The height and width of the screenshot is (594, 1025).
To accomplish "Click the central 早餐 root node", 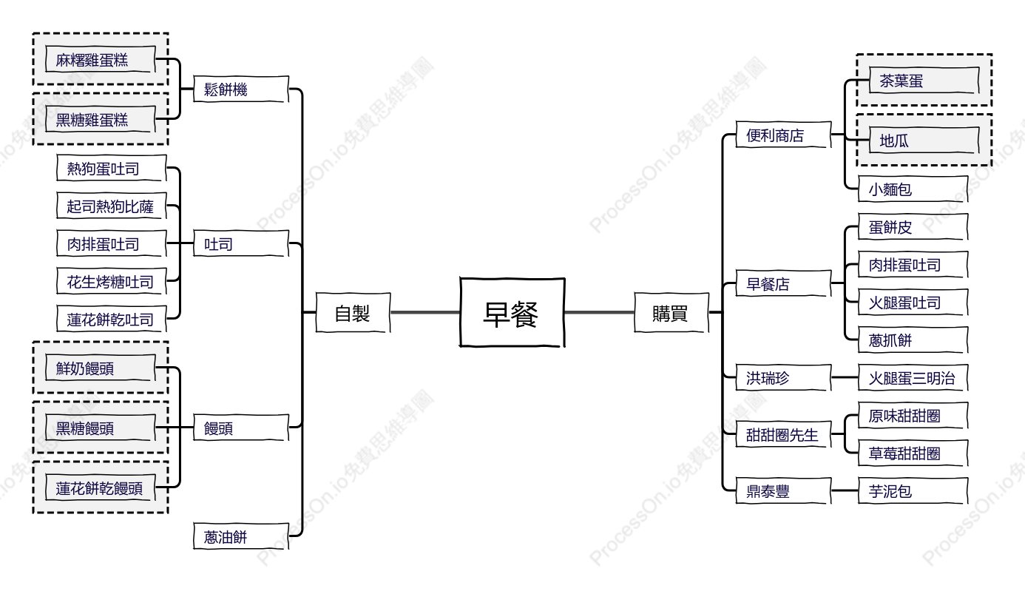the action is tap(512, 312).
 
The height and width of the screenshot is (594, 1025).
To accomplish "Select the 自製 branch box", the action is tap(353, 313).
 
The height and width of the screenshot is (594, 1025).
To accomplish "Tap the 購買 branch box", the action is tap(672, 313).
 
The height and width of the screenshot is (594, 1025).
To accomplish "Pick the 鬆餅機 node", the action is tap(241, 89).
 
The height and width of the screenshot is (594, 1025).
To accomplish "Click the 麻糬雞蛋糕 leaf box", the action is tap(101, 59).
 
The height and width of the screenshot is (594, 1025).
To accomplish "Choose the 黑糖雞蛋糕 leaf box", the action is tap(101, 119).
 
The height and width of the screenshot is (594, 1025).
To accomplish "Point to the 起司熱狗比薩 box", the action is tap(111, 206).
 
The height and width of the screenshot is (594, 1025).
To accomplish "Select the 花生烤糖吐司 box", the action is tap(111, 281).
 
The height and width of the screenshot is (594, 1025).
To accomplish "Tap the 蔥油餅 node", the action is tap(241, 536).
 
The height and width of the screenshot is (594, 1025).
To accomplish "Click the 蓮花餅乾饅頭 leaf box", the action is tap(101, 487).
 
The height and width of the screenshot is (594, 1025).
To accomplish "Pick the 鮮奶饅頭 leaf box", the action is tap(101, 368).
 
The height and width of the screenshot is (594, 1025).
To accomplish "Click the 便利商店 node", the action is tap(783, 135).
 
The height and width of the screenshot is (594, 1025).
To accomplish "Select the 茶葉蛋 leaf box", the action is tap(924, 80).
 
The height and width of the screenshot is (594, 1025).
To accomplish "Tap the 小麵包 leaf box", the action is tap(913, 189).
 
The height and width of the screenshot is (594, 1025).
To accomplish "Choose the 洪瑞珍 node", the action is tap(783, 377).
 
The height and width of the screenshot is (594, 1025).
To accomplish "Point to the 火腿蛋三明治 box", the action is tap(913, 377).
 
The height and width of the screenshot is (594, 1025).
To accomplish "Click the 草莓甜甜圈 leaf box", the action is tap(913, 453).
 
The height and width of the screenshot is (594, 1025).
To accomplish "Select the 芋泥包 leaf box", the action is tap(913, 490).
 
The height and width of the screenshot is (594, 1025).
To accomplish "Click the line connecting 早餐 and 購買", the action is tap(600, 313).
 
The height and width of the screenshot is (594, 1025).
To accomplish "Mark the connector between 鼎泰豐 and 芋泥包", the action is tap(845, 490).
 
